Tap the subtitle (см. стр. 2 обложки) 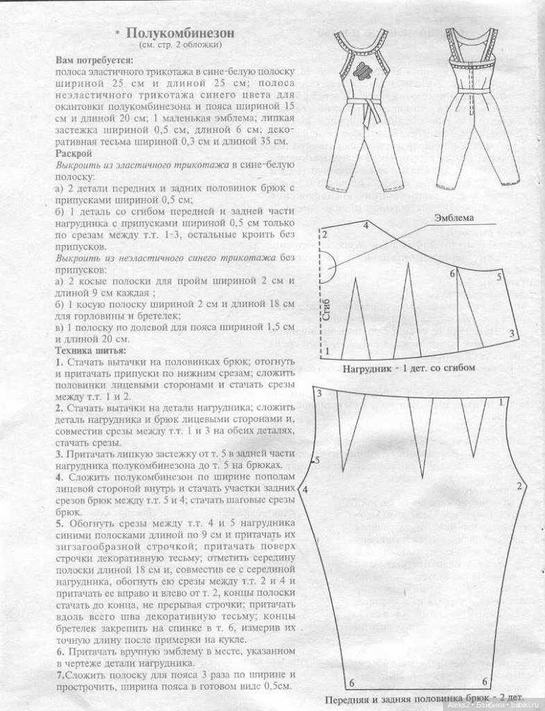coord(181,45)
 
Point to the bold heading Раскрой coord(73,152)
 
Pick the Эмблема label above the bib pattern coord(454,218)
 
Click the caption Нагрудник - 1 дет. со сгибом coord(408,368)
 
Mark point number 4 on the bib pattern coord(366,226)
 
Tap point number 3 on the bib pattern coord(511,334)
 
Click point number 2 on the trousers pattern coord(518,486)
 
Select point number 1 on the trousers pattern coord(501,402)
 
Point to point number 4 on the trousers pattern coord(305,490)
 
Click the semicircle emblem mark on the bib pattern coord(328,267)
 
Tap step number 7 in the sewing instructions coord(60,674)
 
